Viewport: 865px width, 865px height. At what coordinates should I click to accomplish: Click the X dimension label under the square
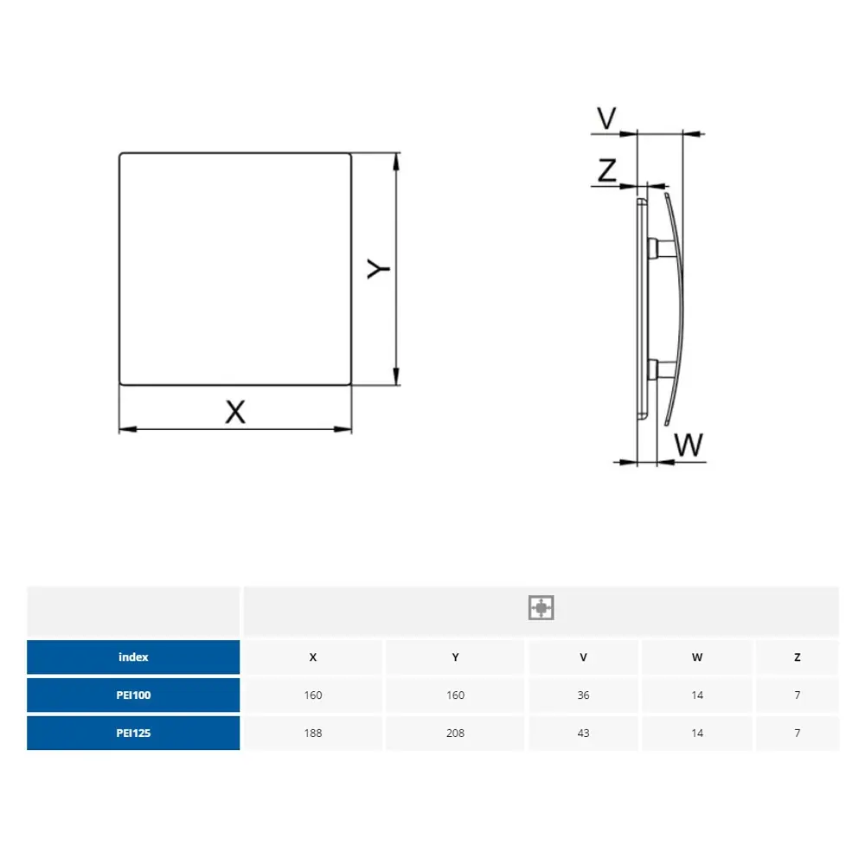[x=235, y=412]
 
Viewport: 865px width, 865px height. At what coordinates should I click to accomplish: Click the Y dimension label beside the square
[x=379, y=269]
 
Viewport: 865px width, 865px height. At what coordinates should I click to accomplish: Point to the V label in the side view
[x=607, y=118]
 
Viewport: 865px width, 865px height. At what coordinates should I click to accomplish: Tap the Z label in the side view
[x=607, y=170]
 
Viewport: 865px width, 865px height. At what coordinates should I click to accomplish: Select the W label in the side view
[x=689, y=445]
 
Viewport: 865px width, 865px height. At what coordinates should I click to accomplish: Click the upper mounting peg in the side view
[x=661, y=248]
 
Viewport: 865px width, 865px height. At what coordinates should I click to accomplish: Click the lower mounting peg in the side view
[x=661, y=369]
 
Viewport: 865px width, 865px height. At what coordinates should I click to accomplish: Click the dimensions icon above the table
[x=541, y=607]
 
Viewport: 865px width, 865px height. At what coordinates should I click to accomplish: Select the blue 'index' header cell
[x=133, y=657]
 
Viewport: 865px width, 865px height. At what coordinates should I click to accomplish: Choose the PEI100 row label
[x=133, y=695]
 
